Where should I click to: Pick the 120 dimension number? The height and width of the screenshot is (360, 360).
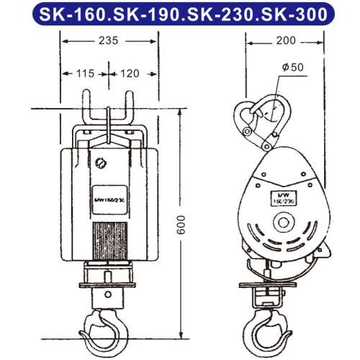(129, 73)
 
